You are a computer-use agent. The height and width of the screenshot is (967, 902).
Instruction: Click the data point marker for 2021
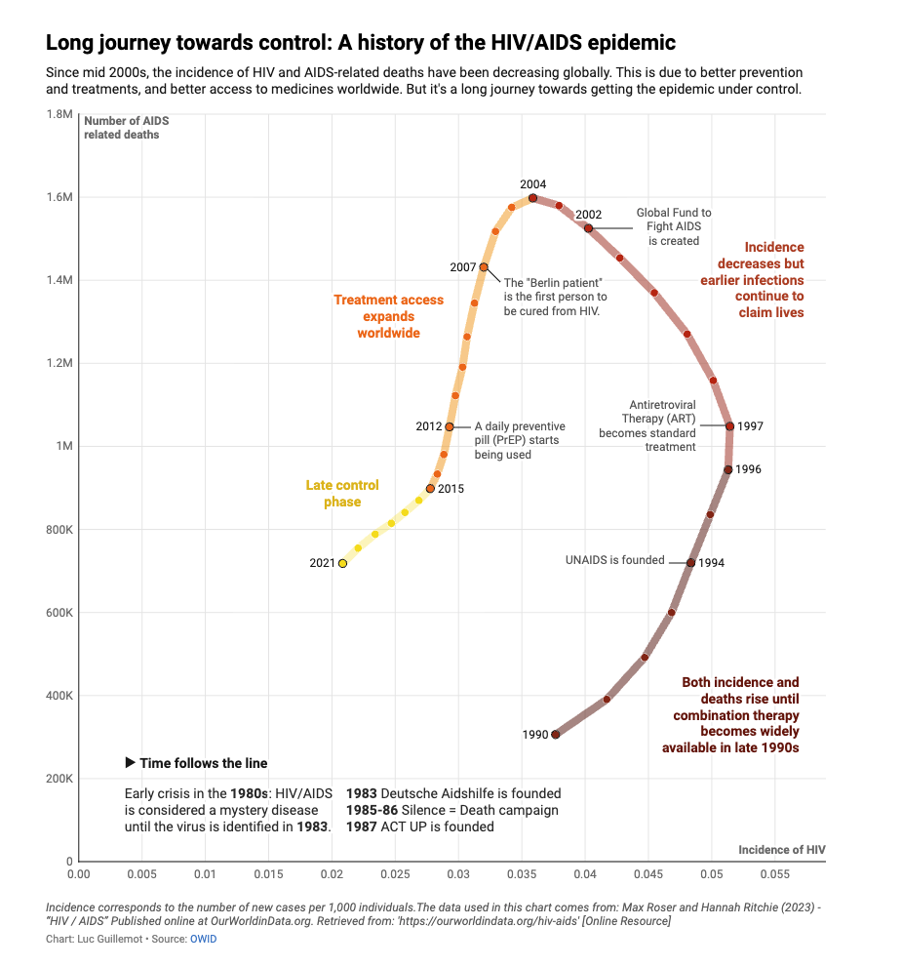(x=342, y=563)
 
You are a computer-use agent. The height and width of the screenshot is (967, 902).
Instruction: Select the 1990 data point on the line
(x=556, y=735)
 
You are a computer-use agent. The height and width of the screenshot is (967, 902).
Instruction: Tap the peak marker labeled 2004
(x=532, y=198)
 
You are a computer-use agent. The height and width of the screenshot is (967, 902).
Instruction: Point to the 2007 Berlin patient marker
(x=484, y=267)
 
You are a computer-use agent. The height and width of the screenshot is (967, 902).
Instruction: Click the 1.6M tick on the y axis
(x=59, y=198)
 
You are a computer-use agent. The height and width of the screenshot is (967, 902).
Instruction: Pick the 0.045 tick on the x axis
(x=648, y=876)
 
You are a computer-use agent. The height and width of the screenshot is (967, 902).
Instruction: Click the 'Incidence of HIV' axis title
(x=781, y=850)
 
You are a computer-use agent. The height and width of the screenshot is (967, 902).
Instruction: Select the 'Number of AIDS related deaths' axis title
(x=126, y=128)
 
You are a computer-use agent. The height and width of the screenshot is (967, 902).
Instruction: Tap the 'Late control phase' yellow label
(x=342, y=494)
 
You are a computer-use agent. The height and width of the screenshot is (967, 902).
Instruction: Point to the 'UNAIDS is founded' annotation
(x=614, y=560)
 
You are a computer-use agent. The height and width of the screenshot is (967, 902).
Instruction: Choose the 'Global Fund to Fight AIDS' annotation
(x=673, y=226)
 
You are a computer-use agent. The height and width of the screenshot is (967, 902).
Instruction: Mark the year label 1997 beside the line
(x=750, y=426)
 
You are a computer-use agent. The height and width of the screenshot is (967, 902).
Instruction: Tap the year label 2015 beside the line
(x=451, y=489)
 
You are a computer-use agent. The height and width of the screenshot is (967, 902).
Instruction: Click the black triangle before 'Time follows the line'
(x=130, y=762)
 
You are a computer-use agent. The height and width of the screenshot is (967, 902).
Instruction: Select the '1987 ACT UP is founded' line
(x=419, y=826)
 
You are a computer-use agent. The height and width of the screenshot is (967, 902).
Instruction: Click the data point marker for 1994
(x=690, y=563)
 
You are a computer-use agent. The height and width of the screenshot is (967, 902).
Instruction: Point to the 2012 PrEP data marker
(x=449, y=427)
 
